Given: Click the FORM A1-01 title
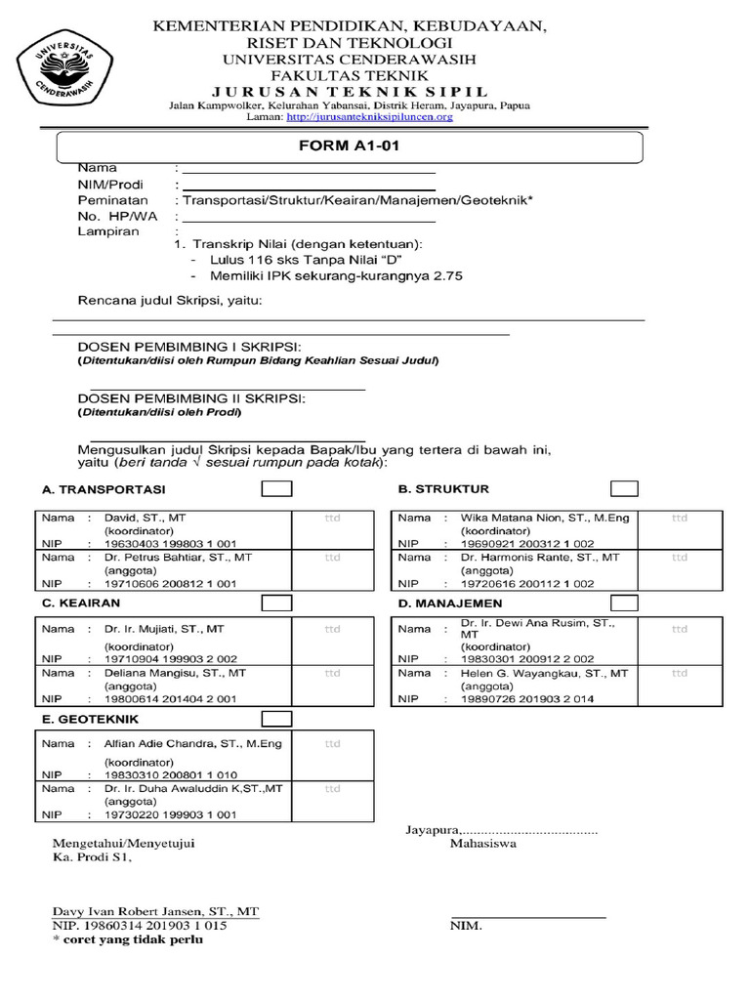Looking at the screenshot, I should click(350, 146).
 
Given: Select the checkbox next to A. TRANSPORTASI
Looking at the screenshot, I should click(275, 488).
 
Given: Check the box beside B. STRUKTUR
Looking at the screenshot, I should click(624, 488).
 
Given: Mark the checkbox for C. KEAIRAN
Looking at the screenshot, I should click(275, 604).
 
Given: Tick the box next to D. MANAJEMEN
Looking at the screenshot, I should click(624, 604).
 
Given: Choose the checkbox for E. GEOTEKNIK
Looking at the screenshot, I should click(275, 719).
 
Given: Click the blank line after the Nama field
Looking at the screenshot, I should click(309, 170).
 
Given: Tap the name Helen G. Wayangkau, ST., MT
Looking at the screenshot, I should click(545, 673).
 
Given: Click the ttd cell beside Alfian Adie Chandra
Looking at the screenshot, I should click(332, 744).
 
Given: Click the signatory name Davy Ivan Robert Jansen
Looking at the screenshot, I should click(156, 911).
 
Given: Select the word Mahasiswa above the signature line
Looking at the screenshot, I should click(482, 843).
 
